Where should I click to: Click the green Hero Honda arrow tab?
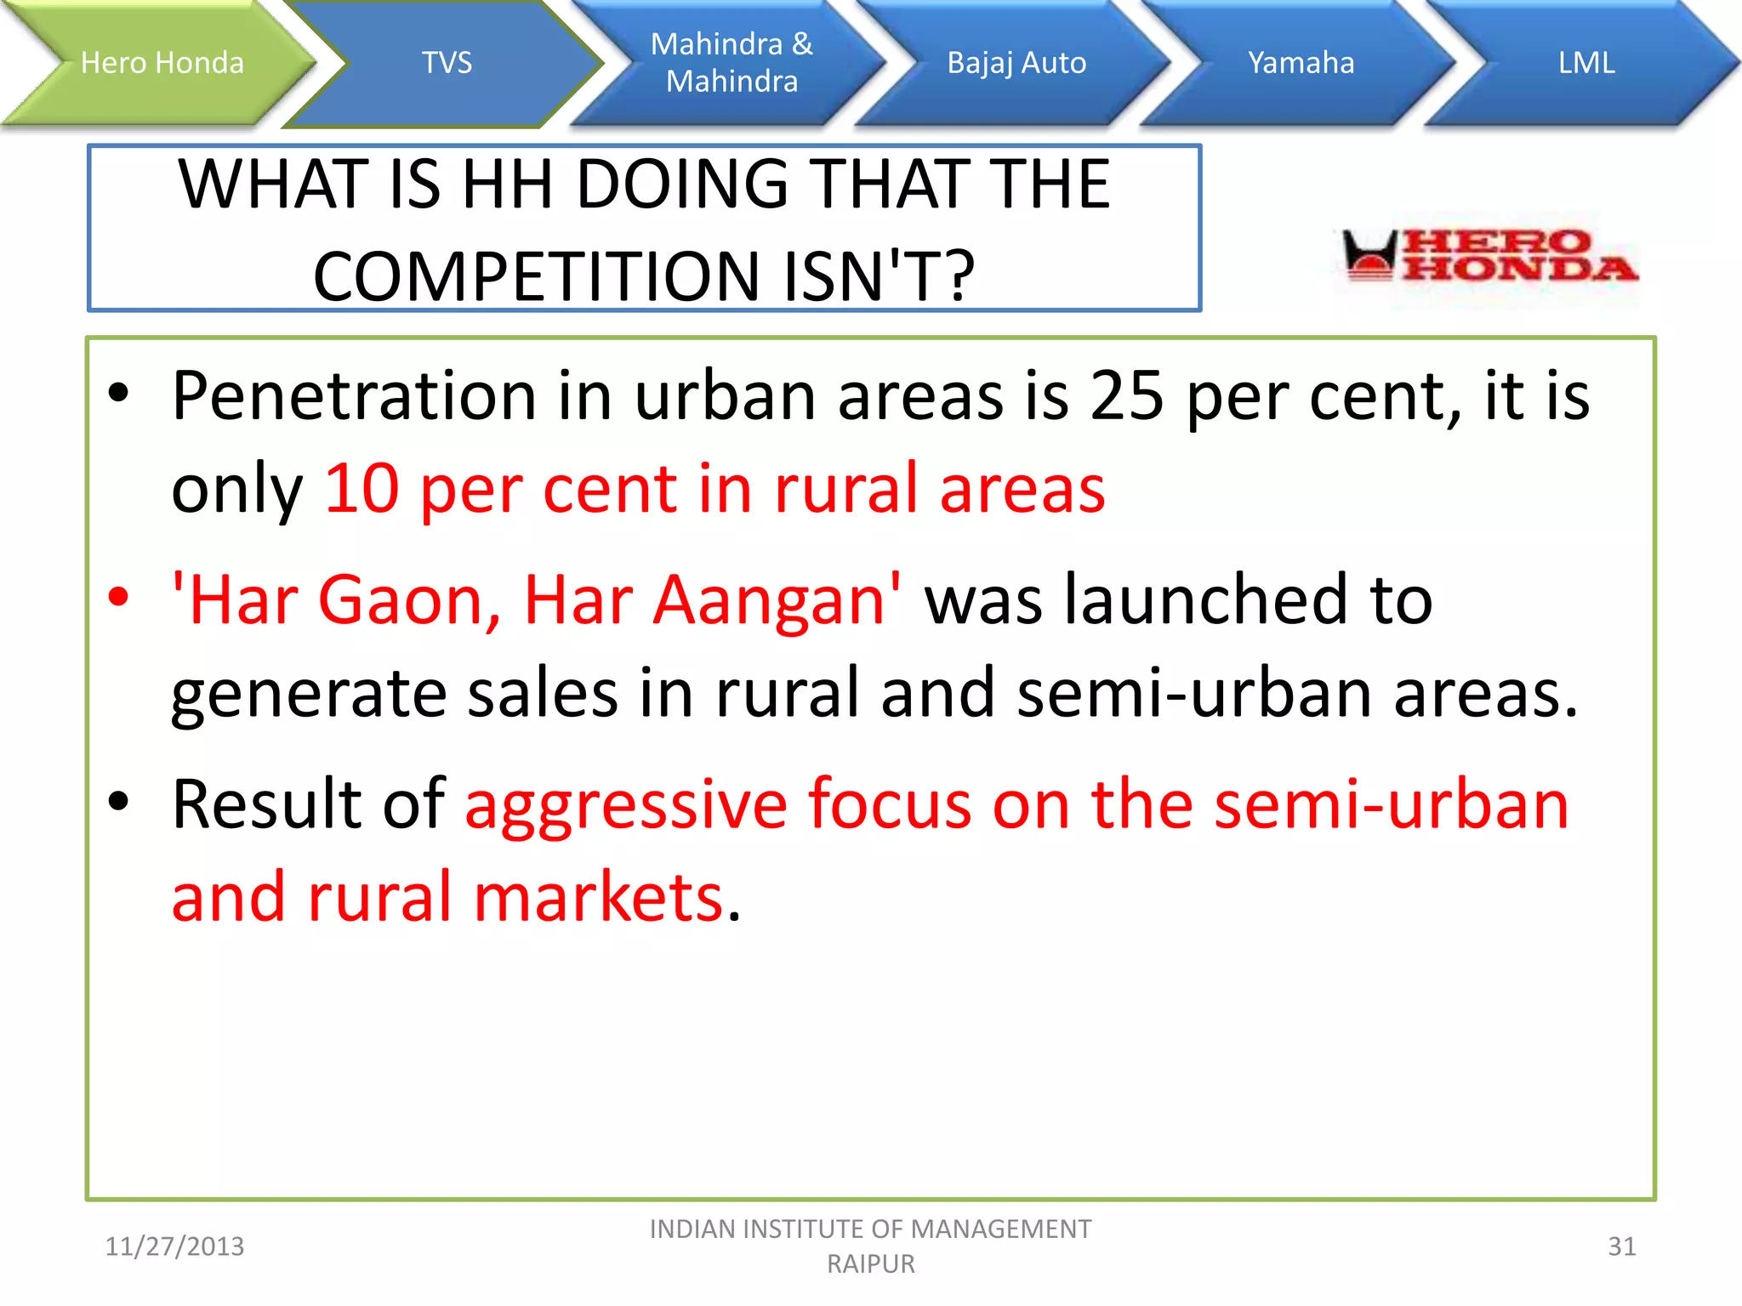tap(162, 63)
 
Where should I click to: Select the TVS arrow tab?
tap(447, 63)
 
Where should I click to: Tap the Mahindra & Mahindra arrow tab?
tap(732, 63)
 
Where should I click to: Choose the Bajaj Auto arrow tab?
tap(1016, 63)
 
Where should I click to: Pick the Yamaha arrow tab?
tap(1301, 63)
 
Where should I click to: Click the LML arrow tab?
tap(1586, 63)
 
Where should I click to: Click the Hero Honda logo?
tap(1489, 256)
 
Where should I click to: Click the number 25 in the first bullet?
tap(1126, 396)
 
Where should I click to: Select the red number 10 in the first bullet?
tap(361, 489)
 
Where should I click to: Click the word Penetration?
tap(354, 396)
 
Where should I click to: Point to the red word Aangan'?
tap(776, 600)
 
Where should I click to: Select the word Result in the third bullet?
tap(266, 804)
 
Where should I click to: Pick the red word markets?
tap(599, 898)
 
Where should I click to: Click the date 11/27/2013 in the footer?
tap(174, 1246)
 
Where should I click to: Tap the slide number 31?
tap(1621, 1246)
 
